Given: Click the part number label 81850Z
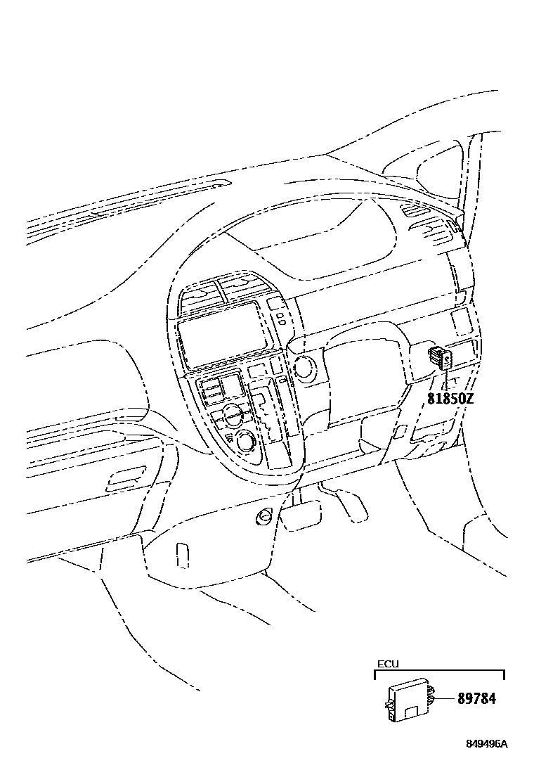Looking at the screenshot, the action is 450,399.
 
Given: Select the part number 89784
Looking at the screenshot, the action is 476,699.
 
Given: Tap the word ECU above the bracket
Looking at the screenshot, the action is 388,663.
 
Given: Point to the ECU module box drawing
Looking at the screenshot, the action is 408,700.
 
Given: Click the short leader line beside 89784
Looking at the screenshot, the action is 445,699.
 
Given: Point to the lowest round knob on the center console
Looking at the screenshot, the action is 247,442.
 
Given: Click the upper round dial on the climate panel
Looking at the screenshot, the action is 233,413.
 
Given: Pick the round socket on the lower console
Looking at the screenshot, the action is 265,517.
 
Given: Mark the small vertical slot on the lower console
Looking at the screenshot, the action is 182,554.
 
